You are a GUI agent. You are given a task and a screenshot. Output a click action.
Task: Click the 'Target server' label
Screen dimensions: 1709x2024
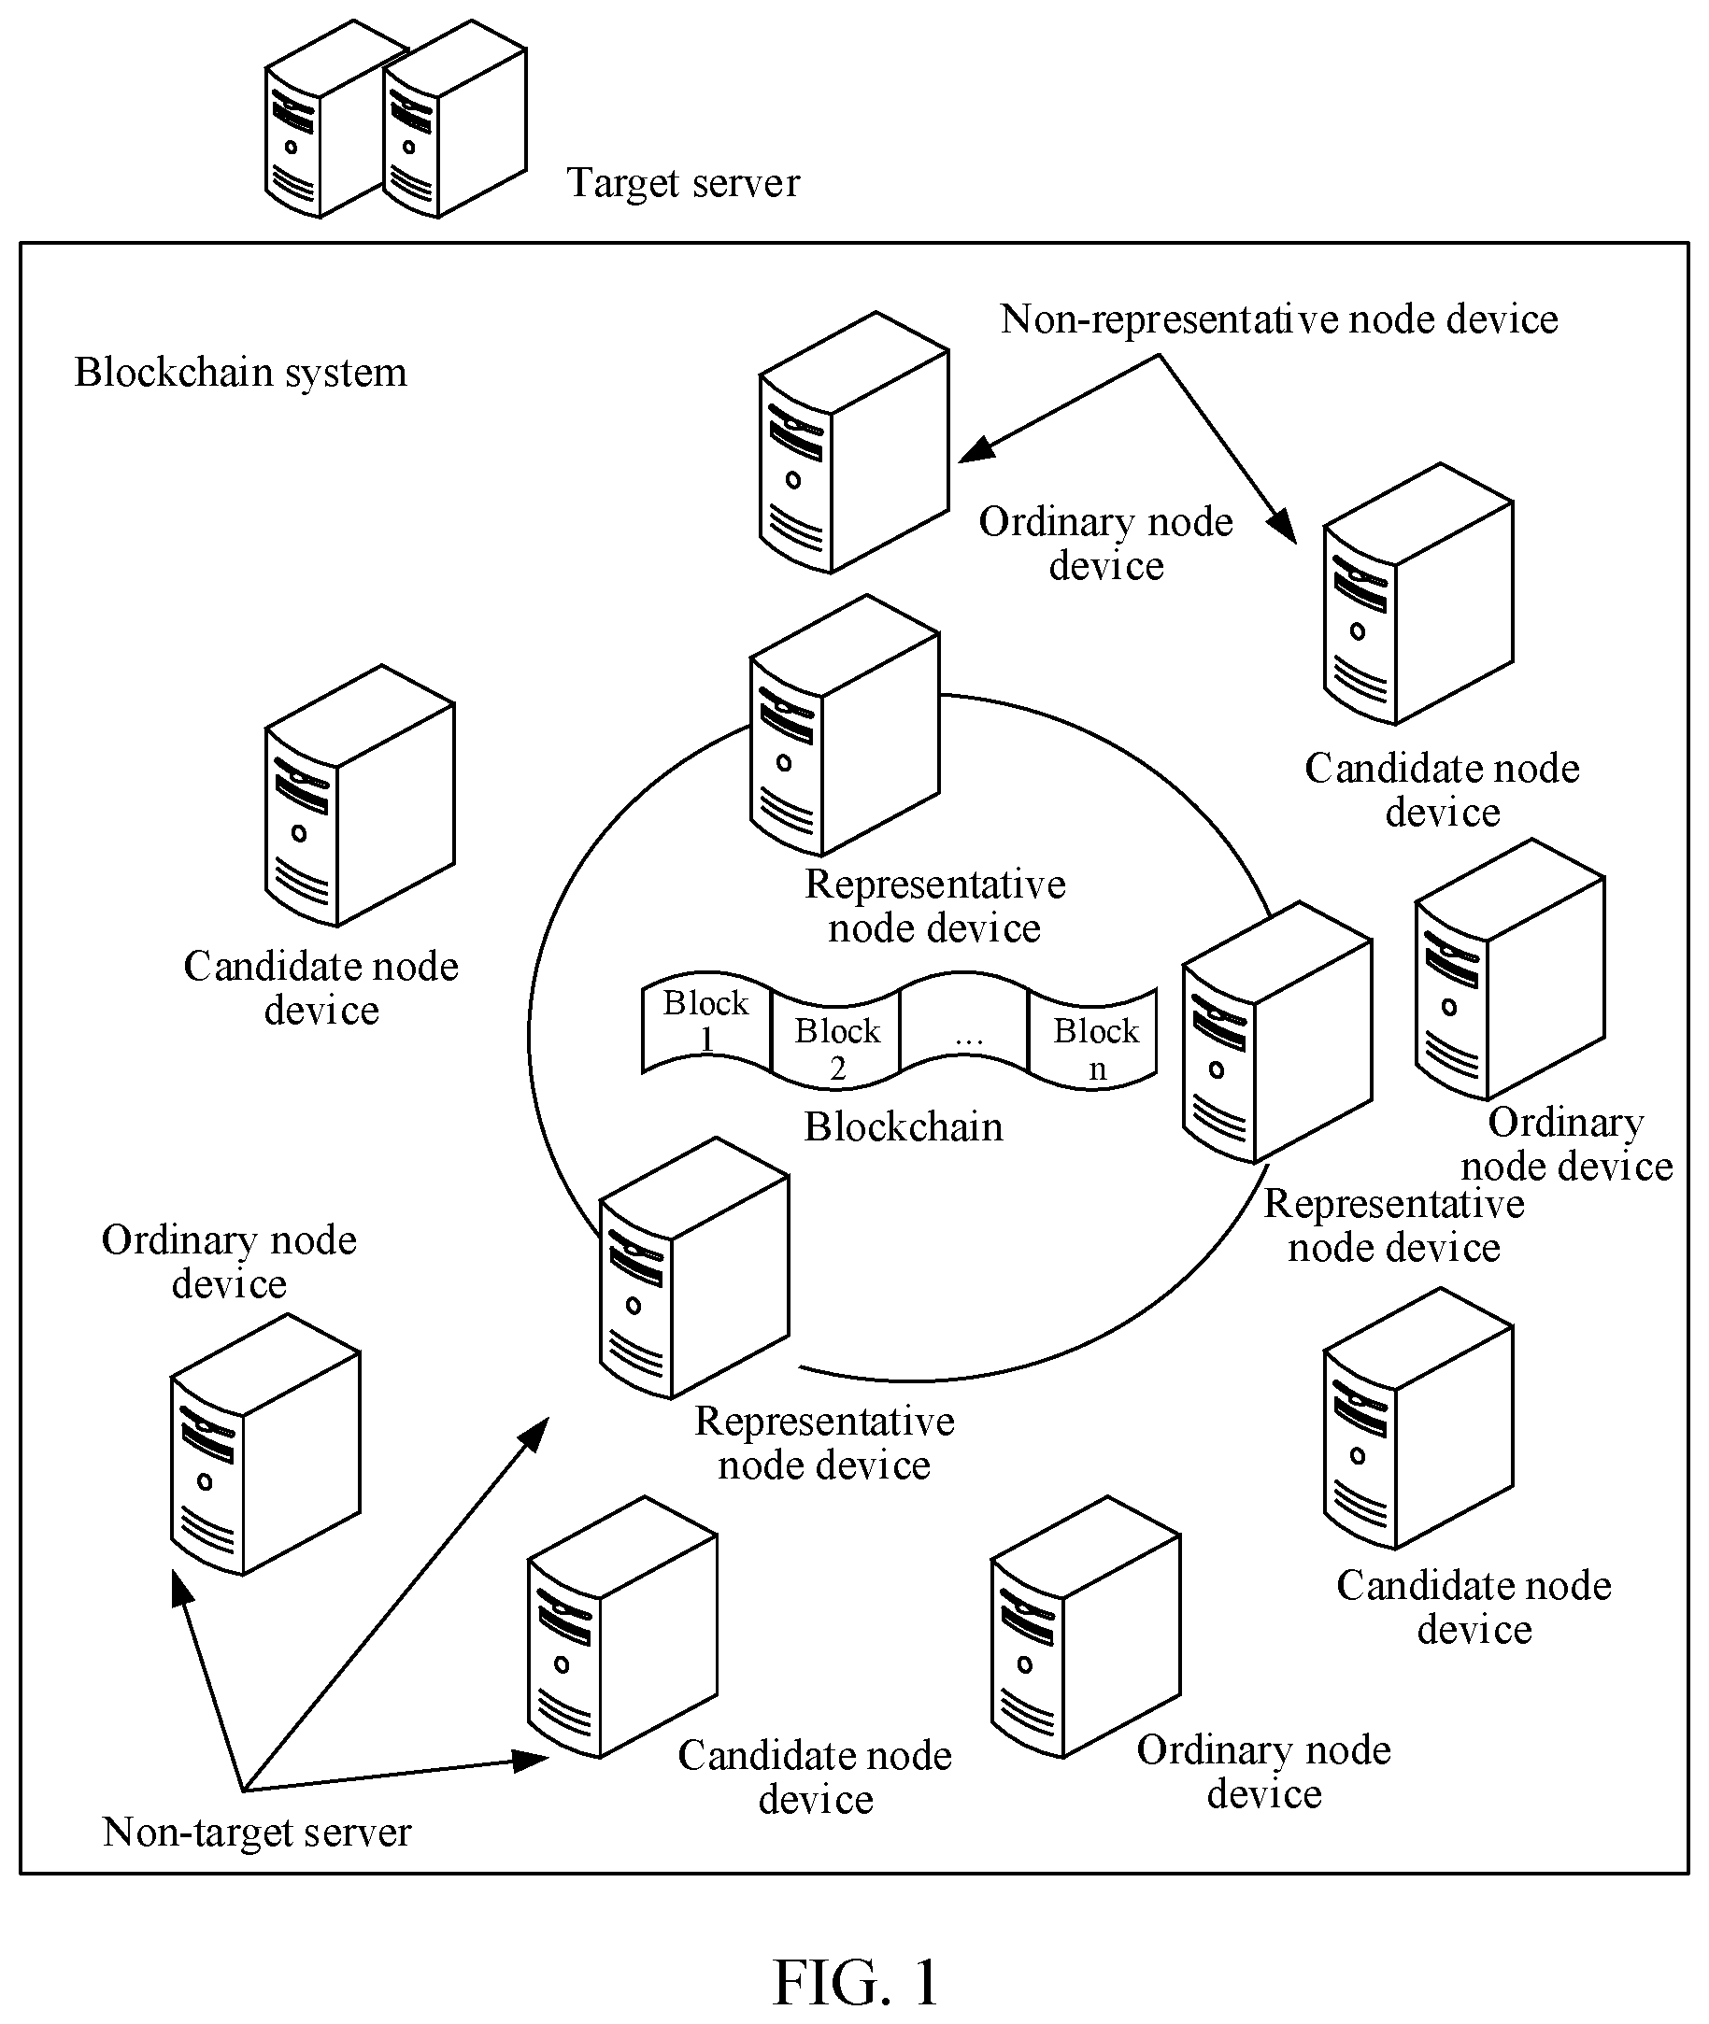[x=683, y=182]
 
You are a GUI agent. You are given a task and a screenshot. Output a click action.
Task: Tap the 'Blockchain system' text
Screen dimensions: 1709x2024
[x=240, y=372]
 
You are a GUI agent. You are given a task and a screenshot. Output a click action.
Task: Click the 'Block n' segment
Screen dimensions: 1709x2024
[x=1096, y=1038]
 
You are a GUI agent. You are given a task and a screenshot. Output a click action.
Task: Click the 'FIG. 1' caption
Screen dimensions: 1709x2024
[x=856, y=1982]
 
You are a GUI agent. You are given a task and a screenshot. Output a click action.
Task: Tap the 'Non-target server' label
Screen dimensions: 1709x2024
[x=257, y=1832]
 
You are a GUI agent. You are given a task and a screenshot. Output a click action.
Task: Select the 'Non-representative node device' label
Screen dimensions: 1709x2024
[x=1279, y=318]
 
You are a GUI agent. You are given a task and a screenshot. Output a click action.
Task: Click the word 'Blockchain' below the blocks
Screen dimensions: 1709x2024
[x=903, y=1126]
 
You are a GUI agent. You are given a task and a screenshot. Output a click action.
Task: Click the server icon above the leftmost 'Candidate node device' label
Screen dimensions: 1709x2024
[x=360, y=795]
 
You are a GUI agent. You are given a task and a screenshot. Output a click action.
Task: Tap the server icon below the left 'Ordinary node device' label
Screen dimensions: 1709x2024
[x=265, y=1444]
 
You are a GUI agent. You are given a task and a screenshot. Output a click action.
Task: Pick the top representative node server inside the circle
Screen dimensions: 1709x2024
[x=844, y=726]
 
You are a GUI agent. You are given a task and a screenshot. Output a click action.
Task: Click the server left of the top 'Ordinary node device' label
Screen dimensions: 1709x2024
[x=853, y=442]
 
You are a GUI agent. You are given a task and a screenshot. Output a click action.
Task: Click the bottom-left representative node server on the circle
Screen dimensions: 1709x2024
[x=693, y=1267]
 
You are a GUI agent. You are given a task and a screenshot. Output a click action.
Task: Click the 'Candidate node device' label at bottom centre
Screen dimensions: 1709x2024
[x=815, y=1777]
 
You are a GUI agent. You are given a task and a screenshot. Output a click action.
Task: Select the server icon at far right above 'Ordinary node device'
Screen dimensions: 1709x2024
[x=1510, y=969]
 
